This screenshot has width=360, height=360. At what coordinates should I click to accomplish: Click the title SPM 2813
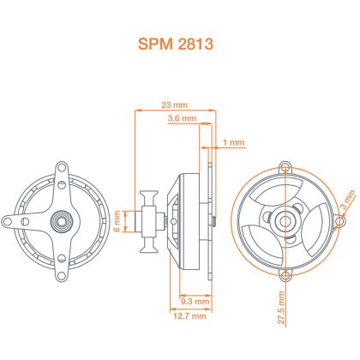point(176,44)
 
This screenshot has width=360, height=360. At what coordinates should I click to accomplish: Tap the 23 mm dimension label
point(175,105)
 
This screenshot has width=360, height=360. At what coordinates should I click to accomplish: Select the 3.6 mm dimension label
point(182,118)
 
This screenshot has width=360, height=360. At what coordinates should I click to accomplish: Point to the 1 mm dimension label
point(234,142)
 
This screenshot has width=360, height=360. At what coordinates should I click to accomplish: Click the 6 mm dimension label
point(117,221)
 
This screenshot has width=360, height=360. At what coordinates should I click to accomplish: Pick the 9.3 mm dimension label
point(195,301)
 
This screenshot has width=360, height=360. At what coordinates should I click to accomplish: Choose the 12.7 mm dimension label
point(189,316)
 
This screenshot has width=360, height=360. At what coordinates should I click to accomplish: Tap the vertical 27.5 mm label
point(281,308)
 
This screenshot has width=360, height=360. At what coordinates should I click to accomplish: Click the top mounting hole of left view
point(61,168)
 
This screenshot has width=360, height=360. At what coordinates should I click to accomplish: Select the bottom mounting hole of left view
point(61,275)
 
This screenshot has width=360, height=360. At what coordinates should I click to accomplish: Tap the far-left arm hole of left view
point(7,221)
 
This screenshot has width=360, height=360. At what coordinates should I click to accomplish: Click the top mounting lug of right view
point(285,167)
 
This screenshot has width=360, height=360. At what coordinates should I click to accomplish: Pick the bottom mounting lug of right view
point(285,275)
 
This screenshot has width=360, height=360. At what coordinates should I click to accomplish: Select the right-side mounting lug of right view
point(339,221)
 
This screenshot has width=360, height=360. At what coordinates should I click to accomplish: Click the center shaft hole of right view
point(285,221)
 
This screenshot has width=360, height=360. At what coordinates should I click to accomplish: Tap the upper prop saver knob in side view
point(148,198)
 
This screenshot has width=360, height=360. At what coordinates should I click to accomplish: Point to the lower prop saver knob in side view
point(148,245)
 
